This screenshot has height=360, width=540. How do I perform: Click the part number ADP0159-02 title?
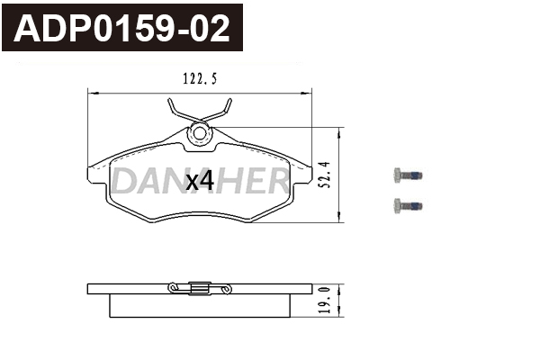click(x=121, y=29)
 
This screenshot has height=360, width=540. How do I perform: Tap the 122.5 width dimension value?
click(x=200, y=79)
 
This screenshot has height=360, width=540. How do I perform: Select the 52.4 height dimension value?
click(x=325, y=175)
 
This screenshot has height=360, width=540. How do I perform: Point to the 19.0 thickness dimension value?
click(x=325, y=300)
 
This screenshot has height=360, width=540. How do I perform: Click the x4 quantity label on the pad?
click(x=200, y=182)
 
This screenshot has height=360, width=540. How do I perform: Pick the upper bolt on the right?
click(x=408, y=175)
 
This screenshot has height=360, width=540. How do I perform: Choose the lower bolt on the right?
click(x=408, y=206)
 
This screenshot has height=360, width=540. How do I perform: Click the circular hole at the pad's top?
click(x=200, y=134)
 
